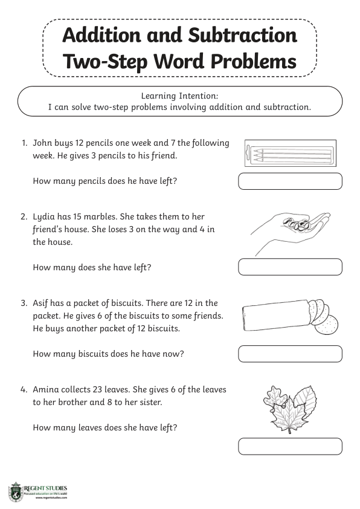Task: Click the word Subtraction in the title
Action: coord(242,35)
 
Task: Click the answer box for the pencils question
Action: coord(291,181)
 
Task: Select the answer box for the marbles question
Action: coord(291,267)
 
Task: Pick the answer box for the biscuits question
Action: coord(291,354)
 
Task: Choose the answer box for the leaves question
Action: coord(291,446)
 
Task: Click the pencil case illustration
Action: coord(291,153)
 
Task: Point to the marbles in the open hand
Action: coord(297,224)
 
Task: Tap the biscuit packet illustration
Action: coord(291,317)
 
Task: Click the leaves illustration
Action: coord(290,409)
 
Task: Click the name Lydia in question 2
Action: coord(43,217)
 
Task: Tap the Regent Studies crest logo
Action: coord(16,491)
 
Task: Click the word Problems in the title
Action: coord(254,61)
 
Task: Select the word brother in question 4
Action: coord(72,402)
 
